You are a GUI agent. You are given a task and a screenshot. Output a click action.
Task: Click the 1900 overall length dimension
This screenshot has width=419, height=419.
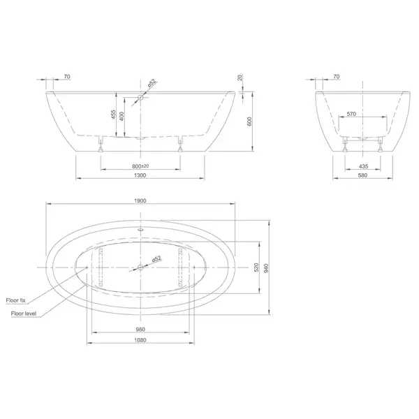point(140,200)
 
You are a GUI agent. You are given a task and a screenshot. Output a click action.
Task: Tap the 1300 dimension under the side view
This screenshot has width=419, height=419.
point(140,175)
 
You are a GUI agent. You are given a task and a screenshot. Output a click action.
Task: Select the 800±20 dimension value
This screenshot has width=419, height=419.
point(140,166)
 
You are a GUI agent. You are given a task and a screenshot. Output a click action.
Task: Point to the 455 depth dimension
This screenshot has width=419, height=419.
point(114,115)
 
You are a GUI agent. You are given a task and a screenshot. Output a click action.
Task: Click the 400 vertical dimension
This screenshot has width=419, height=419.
point(122,116)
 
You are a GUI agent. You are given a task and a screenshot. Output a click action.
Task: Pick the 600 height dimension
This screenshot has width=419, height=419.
point(249,122)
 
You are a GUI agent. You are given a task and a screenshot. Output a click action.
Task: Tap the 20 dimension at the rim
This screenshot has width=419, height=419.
point(240,78)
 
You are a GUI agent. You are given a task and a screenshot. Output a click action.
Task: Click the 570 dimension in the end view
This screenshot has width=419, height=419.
point(351,114)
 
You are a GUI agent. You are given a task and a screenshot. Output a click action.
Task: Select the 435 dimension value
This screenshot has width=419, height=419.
point(363,166)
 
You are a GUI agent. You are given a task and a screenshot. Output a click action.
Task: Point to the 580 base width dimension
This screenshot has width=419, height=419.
point(362,175)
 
